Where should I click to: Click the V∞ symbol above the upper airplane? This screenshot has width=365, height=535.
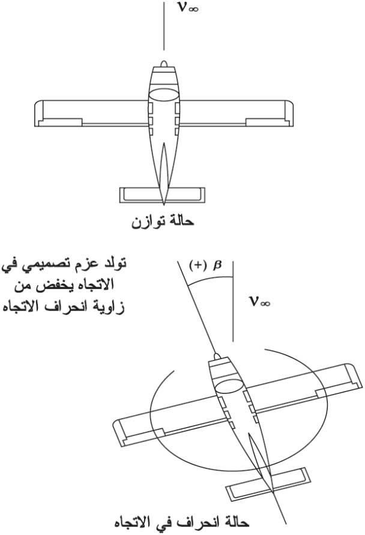click(188, 8)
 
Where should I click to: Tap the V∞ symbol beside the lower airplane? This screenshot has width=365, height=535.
click(260, 302)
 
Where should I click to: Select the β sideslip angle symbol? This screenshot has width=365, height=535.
click(217, 266)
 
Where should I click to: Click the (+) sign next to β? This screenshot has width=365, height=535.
click(197, 266)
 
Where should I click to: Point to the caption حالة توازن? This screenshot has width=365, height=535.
click(163, 222)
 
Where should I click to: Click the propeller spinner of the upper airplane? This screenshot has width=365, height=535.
click(164, 64)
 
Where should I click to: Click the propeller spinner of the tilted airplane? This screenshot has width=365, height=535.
click(217, 356)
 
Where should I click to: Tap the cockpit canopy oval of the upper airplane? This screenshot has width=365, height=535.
click(164, 95)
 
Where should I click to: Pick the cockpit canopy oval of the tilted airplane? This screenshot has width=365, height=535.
click(229, 385)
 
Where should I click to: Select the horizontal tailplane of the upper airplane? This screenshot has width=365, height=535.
click(163, 195)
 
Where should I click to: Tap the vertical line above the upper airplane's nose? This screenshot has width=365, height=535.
click(164, 26)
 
